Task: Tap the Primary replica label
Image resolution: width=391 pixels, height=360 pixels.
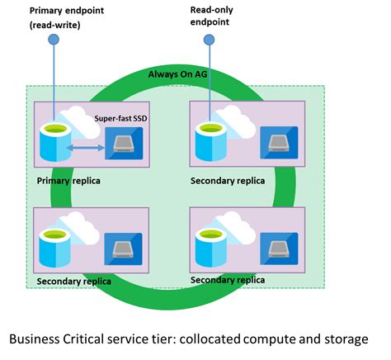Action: [x=72, y=178]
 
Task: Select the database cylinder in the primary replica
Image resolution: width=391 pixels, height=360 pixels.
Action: [x=56, y=145]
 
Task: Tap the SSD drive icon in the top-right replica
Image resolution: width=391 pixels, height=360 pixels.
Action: [x=278, y=142]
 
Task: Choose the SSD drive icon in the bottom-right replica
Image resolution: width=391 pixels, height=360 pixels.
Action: [x=278, y=248]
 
